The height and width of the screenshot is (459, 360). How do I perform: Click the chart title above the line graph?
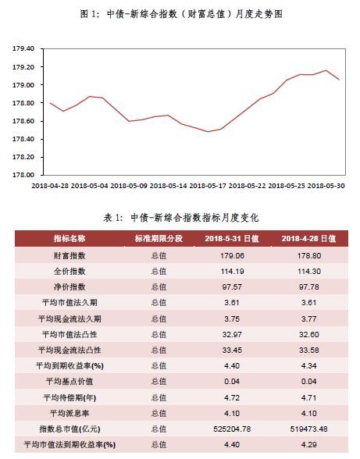[x=181, y=14]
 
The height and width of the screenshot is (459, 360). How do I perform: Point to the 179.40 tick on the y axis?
[x=23, y=48]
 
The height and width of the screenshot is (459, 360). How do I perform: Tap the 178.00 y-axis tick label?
[x=23, y=175]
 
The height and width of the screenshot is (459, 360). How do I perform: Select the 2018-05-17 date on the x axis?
[x=208, y=186]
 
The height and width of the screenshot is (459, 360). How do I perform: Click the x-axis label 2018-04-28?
[x=50, y=186]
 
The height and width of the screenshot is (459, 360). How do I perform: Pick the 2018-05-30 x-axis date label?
[x=326, y=186]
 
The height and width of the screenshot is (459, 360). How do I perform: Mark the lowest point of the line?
[x=208, y=131]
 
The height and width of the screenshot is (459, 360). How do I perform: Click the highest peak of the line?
[x=326, y=70]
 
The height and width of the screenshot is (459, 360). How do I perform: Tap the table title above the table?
[x=181, y=218]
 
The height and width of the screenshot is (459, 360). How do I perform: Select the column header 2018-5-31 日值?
[x=232, y=239]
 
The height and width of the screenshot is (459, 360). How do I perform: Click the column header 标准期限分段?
[x=159, y=239]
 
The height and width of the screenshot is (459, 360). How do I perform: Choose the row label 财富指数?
[x=70, y=255]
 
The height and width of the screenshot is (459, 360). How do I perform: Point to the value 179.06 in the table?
[x=232, y=256]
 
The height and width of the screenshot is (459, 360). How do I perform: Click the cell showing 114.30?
[x=309, y=272]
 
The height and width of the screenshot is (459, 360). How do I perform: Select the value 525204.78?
[x=232, y=429]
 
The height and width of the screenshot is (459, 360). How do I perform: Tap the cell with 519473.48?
[x=309, y=429]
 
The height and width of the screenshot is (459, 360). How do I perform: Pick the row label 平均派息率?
[x=70, y=414]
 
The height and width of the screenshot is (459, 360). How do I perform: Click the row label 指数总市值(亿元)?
[x=70, y=429]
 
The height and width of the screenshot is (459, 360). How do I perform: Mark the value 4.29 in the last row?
[x=309, y=445]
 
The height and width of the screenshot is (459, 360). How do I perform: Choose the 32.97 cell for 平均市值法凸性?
[x=232, y=334]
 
